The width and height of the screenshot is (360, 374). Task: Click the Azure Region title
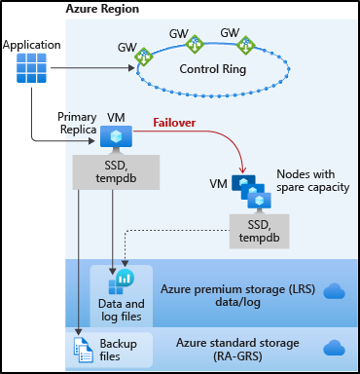102,9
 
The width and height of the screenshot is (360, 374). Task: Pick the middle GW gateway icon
195,44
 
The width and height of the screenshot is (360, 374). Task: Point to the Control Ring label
213,69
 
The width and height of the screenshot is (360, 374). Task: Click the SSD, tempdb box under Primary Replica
116,171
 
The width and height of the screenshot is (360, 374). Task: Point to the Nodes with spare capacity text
311,179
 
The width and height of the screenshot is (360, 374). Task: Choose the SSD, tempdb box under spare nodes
257,230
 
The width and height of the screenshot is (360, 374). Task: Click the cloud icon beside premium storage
333,290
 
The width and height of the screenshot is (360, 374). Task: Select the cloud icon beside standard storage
333,348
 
